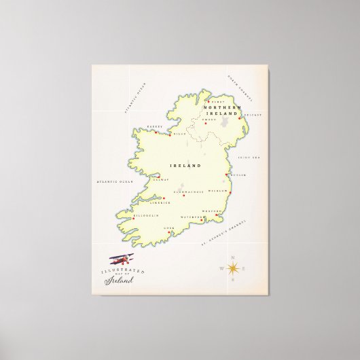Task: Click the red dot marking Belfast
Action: tap(242, 123)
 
